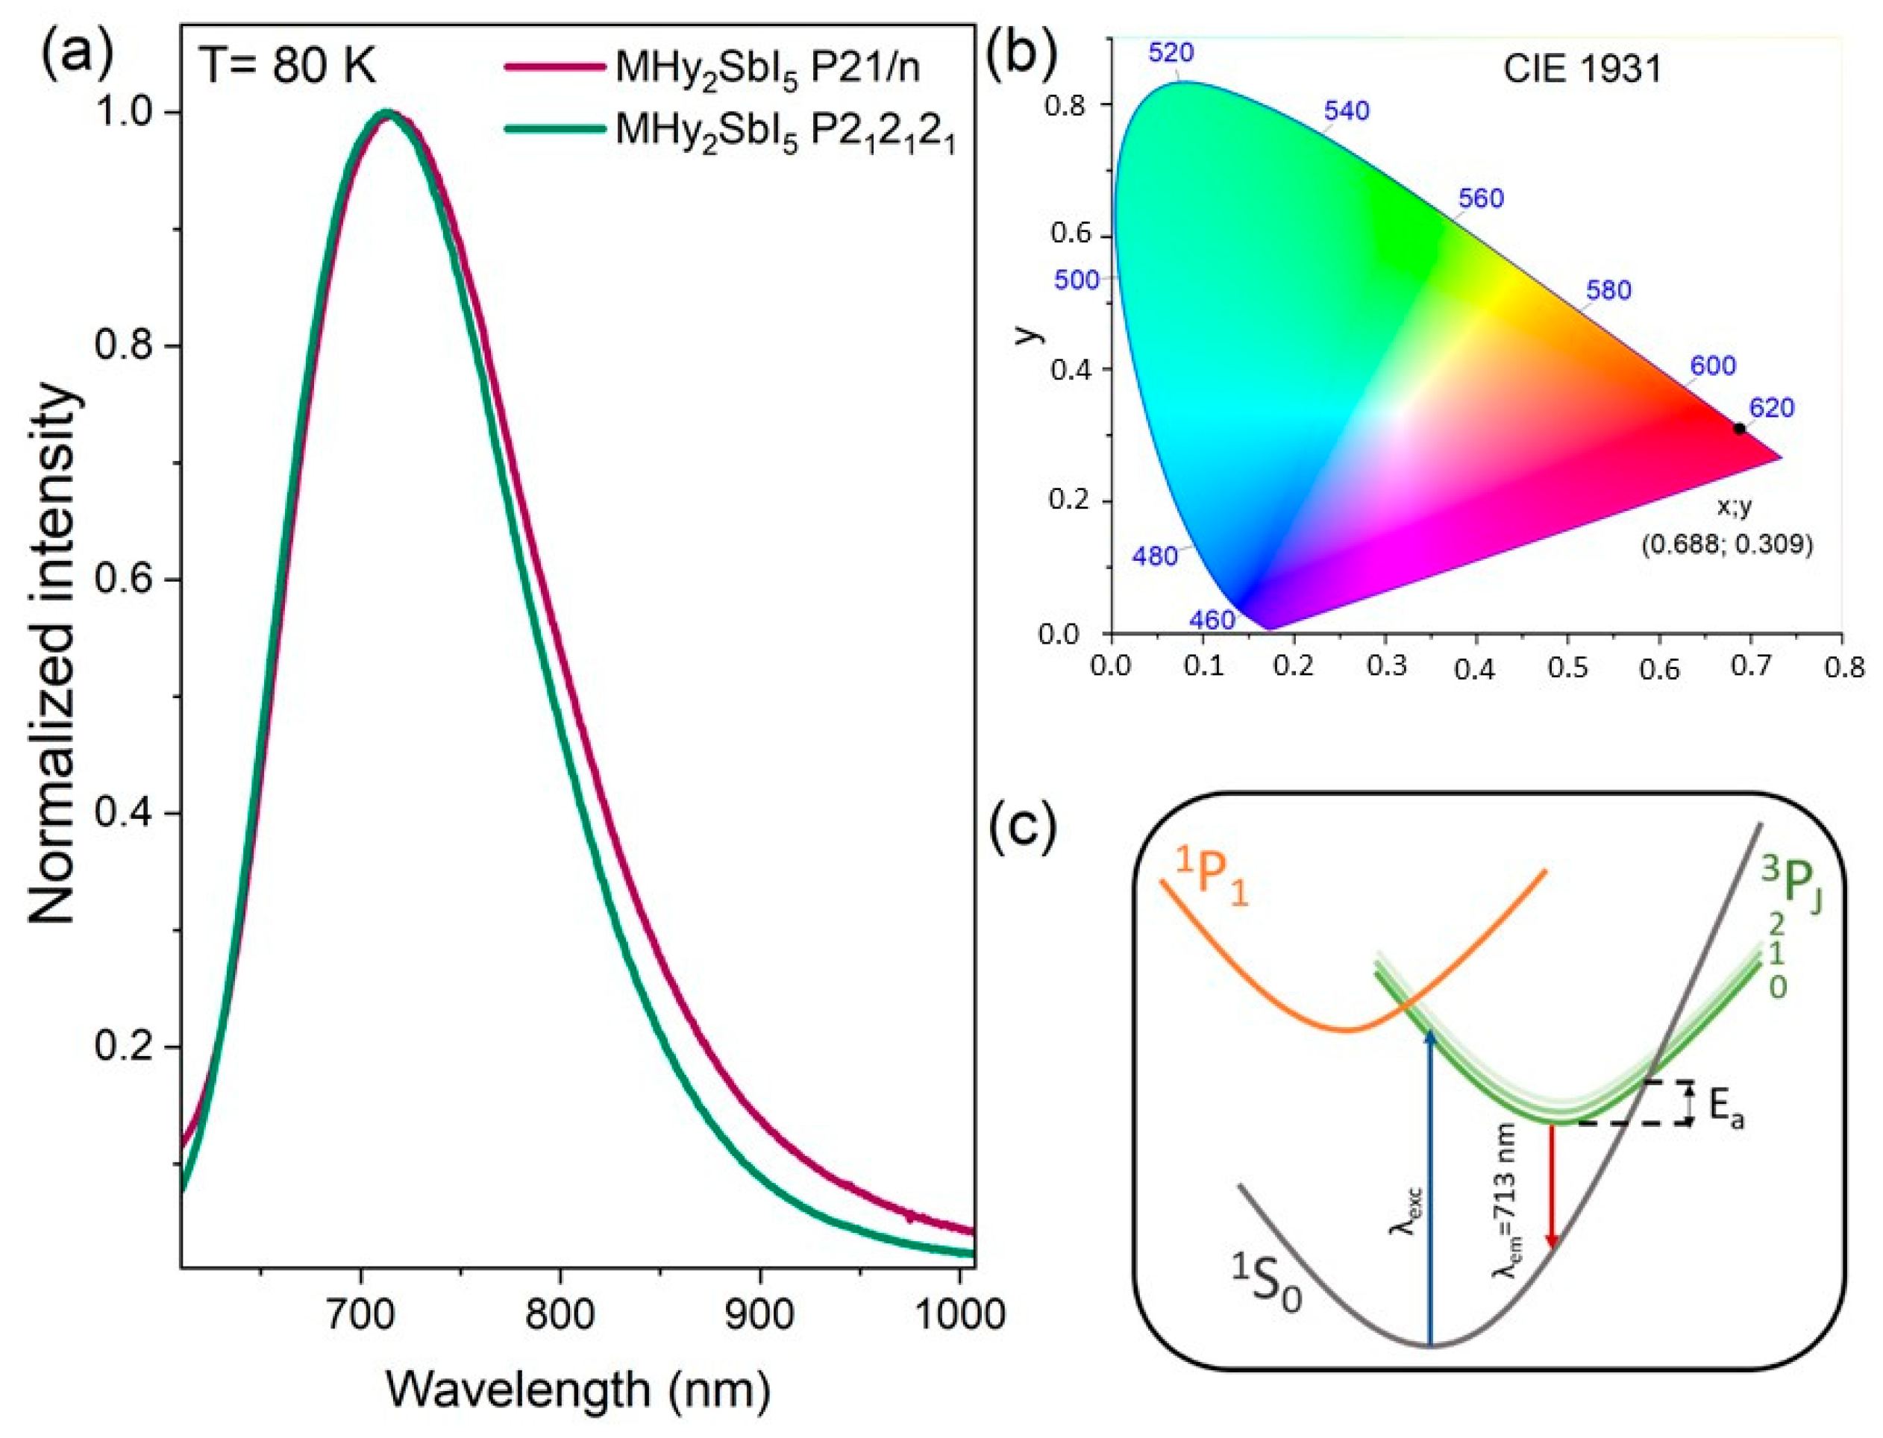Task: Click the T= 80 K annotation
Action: (287, 66)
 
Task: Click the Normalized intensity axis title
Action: (53, 655)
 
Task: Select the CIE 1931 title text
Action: (1582, 69)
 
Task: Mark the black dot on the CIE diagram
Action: (1739, 428)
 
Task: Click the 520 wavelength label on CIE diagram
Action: (1171, 53)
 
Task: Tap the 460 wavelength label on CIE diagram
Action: (1212, 620)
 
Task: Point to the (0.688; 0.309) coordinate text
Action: (1726, 544)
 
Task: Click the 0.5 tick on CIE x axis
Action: (1568, 667)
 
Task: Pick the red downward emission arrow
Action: (1552, 1199)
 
